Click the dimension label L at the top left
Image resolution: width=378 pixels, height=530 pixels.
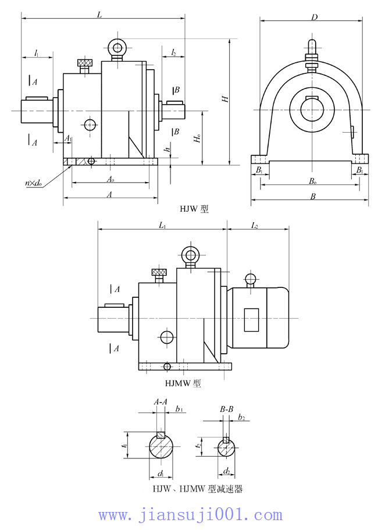[100, 15]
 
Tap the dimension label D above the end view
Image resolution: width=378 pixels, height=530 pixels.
[314, 17]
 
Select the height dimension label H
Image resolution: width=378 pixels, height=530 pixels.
[224, 99]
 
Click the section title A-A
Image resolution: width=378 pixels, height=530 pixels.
[161, 402]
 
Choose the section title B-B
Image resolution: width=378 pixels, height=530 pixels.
[226, 410]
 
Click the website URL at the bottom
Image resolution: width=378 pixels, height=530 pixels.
[190, 515]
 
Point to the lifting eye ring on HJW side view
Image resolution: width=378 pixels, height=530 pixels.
[117, 48]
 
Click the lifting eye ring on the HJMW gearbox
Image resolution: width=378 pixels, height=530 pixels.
[190, 255]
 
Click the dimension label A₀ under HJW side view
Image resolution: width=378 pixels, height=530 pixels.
[110, 180]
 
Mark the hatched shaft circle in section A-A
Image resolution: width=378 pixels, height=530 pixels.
[161, 447]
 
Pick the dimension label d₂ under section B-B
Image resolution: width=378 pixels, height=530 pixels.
[227, 470]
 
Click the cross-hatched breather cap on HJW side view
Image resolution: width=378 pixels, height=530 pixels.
[85, 62]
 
